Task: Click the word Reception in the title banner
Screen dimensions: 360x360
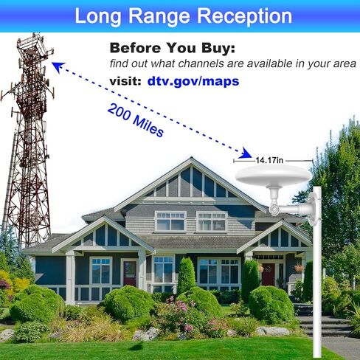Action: [244, 16]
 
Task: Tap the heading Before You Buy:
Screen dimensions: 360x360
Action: [173, 48]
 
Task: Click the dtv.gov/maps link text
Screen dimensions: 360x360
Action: [193, 81]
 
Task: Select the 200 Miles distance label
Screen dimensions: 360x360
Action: [136, 120]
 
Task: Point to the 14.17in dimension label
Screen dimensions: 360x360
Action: [269, 160]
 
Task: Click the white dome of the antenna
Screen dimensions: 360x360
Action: [273, 175]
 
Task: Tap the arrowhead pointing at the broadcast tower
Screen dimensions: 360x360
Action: [58, 66]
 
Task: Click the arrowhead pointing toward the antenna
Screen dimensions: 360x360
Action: [245, 153]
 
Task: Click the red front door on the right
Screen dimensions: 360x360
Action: [268, 274]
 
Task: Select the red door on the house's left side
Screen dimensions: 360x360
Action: [130, 274]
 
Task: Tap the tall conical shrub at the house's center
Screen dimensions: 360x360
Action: [186, 275]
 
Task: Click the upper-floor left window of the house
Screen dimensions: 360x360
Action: [170, 222]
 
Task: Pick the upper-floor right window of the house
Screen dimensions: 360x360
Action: [212, 222]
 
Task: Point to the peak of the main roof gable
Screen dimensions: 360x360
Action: [191, 158]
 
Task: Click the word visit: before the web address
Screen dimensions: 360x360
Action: [125, 81]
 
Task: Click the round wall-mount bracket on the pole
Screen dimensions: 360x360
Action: [313, 209]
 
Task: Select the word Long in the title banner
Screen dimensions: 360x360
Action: [98, 17]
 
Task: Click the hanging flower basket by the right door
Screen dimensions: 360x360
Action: [300, 268]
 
